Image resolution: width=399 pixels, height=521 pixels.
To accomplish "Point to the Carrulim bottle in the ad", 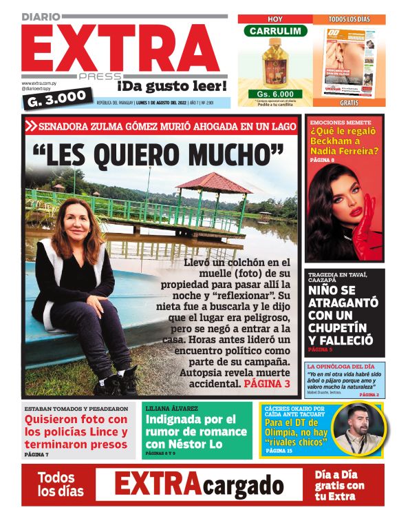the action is [274, 65].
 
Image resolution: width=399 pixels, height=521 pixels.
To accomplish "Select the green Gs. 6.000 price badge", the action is [275, 94].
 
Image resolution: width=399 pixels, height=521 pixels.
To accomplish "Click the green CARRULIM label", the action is [275, 31].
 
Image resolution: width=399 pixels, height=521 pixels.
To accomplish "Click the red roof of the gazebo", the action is [213, 183].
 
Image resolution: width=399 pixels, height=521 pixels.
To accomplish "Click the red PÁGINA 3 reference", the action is [267, 383].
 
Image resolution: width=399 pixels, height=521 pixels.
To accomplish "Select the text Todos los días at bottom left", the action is [61, 484].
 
